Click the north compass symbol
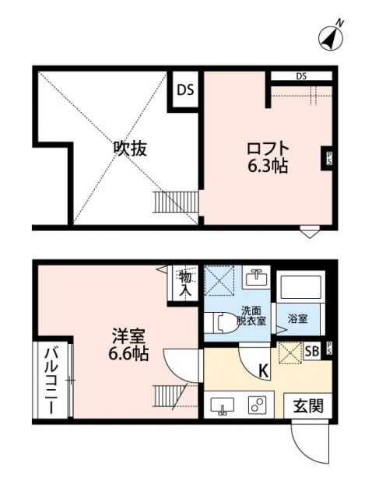[332, 34]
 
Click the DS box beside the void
[184, 89]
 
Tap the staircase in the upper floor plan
[166, 202]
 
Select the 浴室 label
[296, 318]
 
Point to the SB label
[311, 352]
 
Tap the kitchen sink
[224, 405]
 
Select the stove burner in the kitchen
[257, 405]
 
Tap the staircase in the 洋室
[167, 397]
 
